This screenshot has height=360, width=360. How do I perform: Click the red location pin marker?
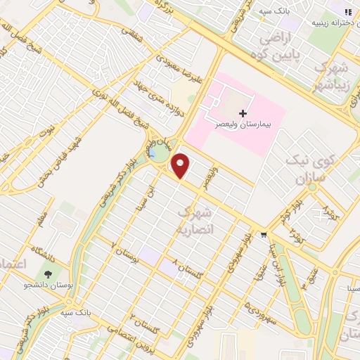181,166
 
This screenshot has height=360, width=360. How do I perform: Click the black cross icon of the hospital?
243,113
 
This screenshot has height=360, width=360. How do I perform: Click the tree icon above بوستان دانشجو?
48,274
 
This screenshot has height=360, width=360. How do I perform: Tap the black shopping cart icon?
264,234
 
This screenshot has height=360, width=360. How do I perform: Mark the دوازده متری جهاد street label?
162,98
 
